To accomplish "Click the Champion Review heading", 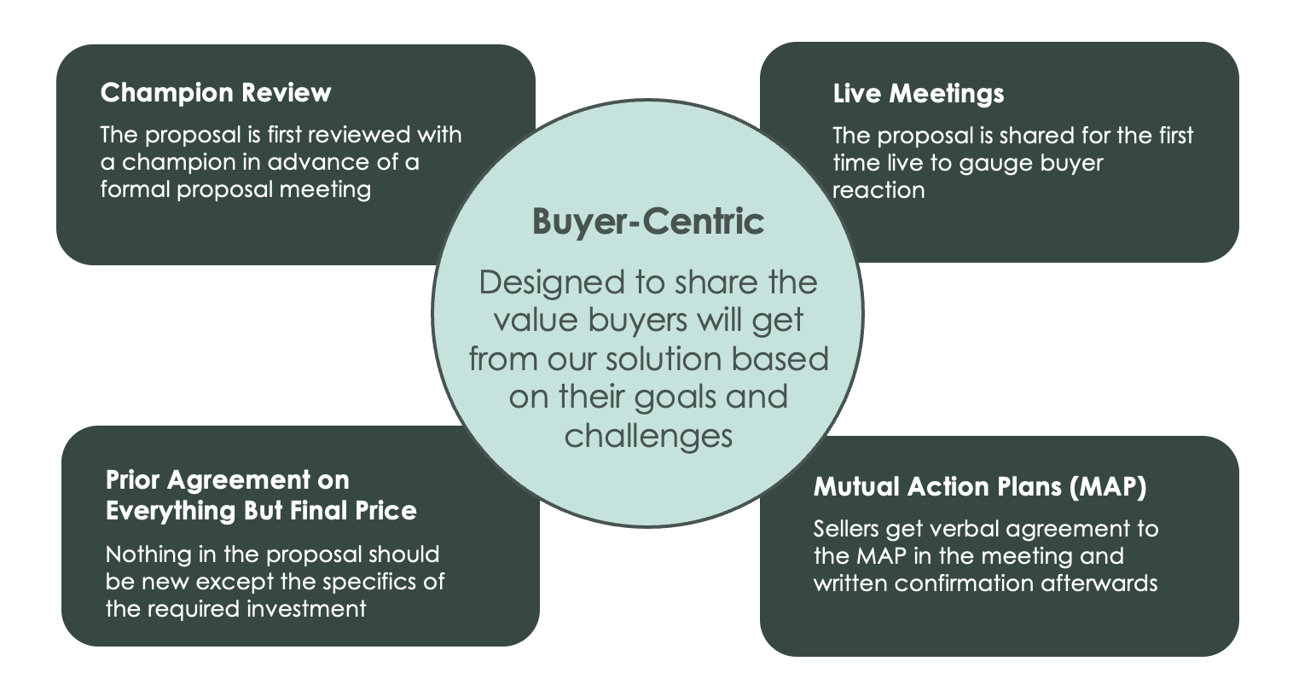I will tap(215, 92).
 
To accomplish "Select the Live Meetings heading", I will tap(918, 93).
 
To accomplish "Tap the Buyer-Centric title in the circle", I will tap(647, 221).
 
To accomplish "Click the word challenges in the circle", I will tap(648, 436).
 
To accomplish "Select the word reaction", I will tap(878, 190).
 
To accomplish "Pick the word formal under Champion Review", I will tap(135, 188).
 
